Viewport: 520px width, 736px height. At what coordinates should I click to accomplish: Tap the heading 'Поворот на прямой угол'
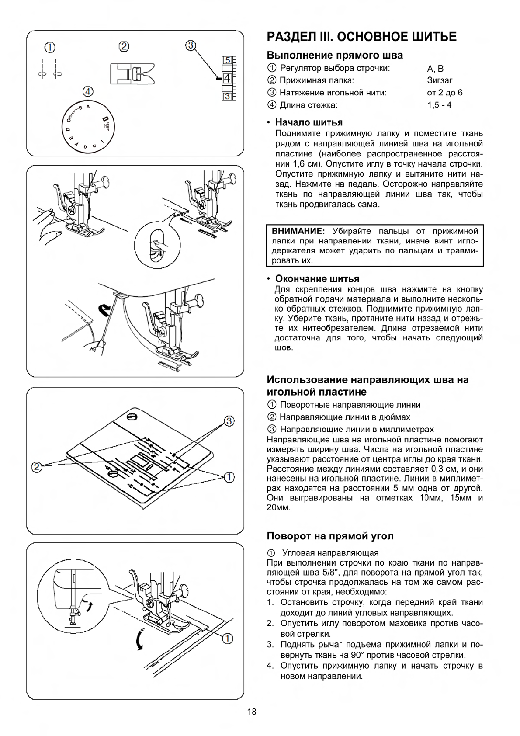pos(330,536)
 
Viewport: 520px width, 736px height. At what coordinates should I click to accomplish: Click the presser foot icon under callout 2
pos(132,73)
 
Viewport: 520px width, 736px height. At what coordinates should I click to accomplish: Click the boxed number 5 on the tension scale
pos(227,61)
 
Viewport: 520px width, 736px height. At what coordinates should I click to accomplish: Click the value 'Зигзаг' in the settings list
pos(440,80)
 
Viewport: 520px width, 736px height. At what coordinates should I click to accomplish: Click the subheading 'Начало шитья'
pos(309,122)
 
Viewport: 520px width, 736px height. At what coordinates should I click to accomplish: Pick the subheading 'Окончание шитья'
pos(317,279)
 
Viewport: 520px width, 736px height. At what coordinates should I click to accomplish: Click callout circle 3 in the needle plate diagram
pos(229,421)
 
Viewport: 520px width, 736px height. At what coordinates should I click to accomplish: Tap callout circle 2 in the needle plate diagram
pos(37,467)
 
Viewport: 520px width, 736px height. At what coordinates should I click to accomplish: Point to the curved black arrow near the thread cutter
pos(105,311)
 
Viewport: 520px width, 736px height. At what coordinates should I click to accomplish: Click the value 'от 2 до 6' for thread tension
pos(444,93)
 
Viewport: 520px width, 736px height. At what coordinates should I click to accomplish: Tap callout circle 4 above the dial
pos(88,91)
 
